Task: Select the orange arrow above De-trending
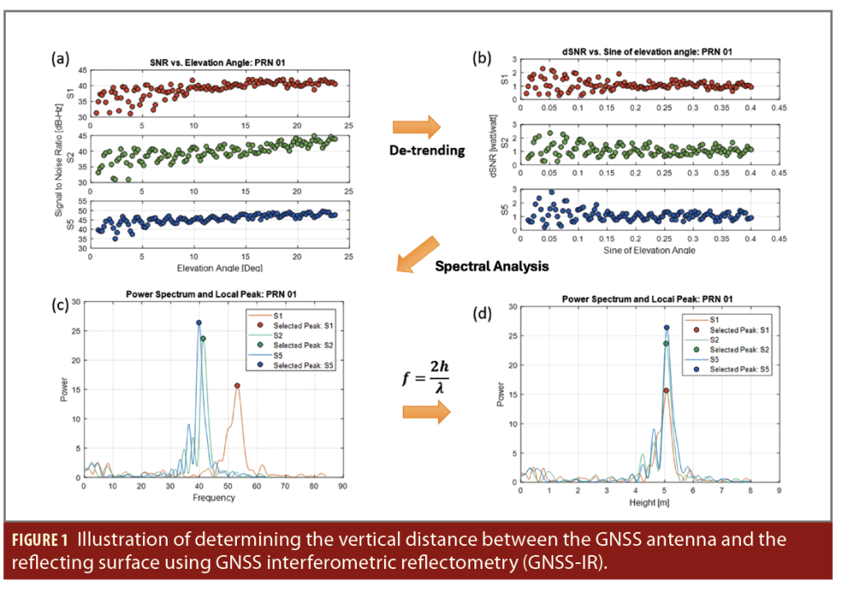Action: click(x=416, y=126)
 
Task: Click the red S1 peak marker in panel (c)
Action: click(x=237, y=385)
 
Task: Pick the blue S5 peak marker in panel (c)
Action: click(x=198, y=323)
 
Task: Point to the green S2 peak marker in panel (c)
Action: click(x=202, y=338)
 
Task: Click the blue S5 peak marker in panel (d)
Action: click(x=667, y=327)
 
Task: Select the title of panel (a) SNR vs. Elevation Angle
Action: click(x=197, y=62)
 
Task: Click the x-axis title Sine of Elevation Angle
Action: click(x=636, y=249)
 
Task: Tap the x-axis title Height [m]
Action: click(x=650, y=502)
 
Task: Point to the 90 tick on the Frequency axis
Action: click(x=342, y=486)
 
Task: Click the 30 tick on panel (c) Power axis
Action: click(x=76, y=302)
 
